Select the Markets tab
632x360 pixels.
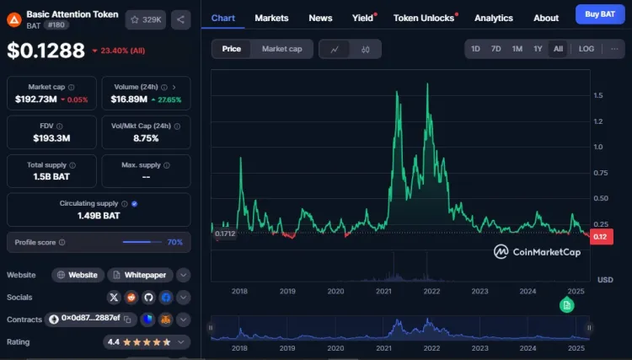(x=271, y=18)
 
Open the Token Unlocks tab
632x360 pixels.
(x=424, y=18)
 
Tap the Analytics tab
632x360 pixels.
(x=494, y=18)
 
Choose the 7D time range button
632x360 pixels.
(x=496, y=49)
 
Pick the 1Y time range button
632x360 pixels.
(x=538, y=49)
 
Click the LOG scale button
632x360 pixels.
(x=586, y=49)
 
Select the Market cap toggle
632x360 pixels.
(x=281, y=49)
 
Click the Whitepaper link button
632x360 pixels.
(x=140, y=275)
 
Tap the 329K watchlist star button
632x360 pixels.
(x=146, y=19)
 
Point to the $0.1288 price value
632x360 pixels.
(x=46, y=51)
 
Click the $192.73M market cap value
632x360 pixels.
(x=36, y=99)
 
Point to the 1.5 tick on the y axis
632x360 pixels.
(x=597, y=95)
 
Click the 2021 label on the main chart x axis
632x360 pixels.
(x=384, y=291)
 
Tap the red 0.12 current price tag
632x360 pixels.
(x=600, y=237)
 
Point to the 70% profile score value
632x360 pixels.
(x=174, y=242)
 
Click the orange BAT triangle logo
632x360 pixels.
(x=14, y=19)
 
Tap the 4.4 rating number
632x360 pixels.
(x=114, y=342)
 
